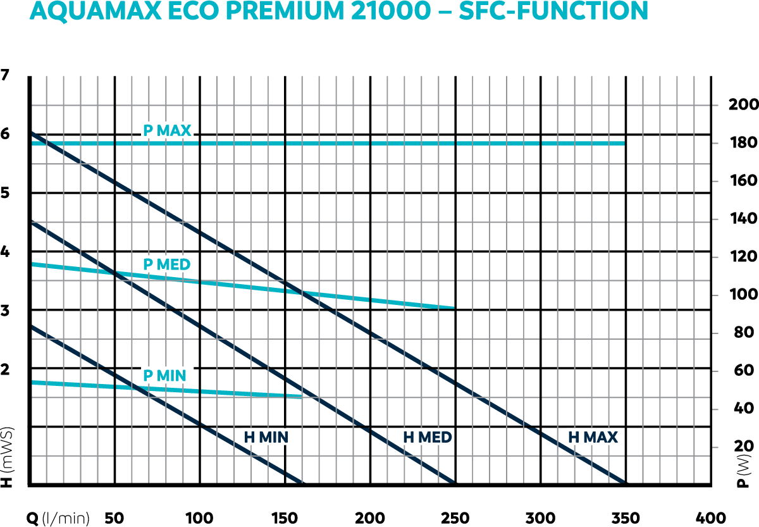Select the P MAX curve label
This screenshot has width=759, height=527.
(167, 131)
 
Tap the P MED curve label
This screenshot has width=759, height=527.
(167, 264)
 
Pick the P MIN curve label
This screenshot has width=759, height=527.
(164, 376)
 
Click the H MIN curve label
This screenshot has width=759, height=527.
(266, 437)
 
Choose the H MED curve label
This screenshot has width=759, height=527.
(428, 437)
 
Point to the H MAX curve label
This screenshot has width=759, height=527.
(593, 437)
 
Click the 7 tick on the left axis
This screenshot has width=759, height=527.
(6, 75)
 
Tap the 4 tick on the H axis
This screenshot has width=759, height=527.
(6, 252)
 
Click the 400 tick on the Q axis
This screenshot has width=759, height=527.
(709, 517)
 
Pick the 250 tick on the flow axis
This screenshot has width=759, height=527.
(454, 517)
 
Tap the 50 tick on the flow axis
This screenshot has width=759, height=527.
(114, 517)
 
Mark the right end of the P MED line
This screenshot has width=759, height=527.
(454, 307)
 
